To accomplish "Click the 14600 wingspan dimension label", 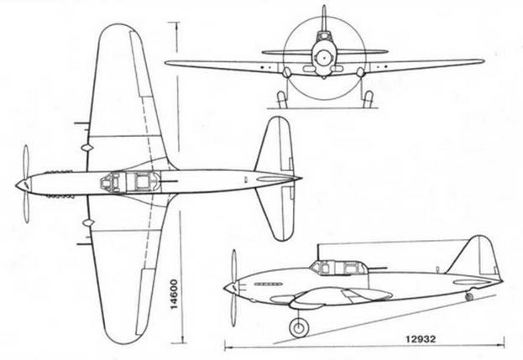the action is (x=175, y=295).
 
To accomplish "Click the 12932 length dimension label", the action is (x=421, y=339).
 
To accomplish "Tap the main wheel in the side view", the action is (x=299, y=327).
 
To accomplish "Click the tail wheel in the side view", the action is (x=469, y=296).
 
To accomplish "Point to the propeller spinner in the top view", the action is (x=23, y=185).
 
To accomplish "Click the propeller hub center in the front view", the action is (x=323, y=59).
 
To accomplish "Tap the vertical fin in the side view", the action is (x=473, y=254).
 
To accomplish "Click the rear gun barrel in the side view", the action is (x=377, y=268).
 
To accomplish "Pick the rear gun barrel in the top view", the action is (x=169, y=181).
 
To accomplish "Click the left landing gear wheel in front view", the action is (x=282, y=99).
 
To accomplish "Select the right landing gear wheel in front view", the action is (x=368, y=99).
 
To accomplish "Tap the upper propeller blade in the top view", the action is (x=25, y=161).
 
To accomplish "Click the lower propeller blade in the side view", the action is (x=234, y=310).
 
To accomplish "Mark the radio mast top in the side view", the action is (x=318, y=245).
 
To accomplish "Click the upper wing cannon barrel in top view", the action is (x=82, y=123).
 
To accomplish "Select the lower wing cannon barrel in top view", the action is (x=85, y=244).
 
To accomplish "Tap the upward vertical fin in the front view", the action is (x=323, y=18).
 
